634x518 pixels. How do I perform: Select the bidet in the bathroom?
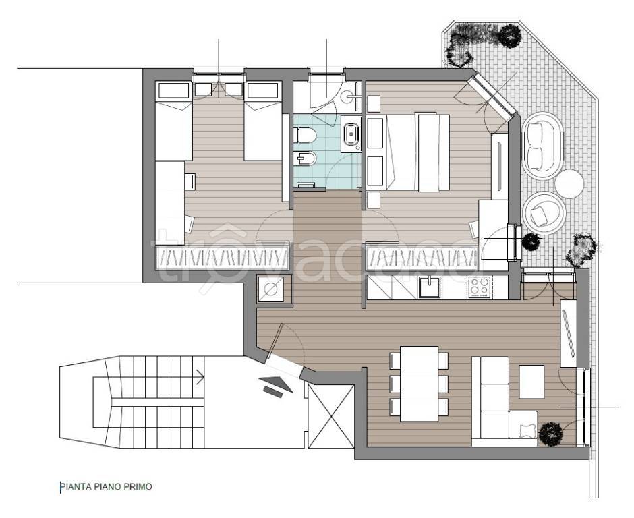[304, 159]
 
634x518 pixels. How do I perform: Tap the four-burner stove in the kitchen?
[479, 287]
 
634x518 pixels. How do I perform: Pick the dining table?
[420, 383]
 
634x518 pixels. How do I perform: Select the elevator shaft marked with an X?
[331, 416]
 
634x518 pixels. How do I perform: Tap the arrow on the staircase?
[200, 377]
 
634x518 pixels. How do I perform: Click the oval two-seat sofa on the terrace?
[543, 146]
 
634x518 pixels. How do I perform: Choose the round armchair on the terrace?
[544, 212]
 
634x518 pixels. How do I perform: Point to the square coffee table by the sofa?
[531, 382]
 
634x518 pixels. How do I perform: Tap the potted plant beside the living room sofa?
[551, 433]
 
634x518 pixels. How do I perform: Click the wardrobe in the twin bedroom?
[223, 256]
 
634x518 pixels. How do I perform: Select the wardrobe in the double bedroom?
[422, 256]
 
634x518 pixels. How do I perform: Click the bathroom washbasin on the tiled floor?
[351, 134]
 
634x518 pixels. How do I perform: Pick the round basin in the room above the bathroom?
[347, 96]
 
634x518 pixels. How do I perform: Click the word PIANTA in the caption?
[76, 486]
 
